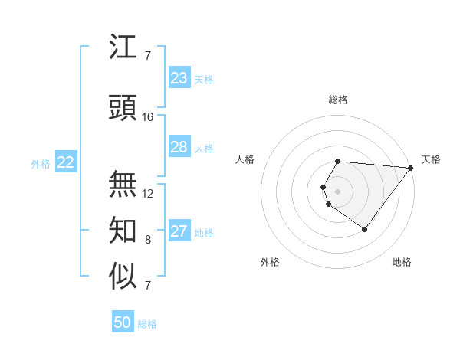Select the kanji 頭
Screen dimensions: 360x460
tap(123, 109)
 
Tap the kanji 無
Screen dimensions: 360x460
tap(123, 185)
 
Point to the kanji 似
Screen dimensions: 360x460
tap(123, 277)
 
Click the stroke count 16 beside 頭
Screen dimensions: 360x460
tap(148, 117)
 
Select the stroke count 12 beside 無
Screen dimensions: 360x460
tap(148, 194)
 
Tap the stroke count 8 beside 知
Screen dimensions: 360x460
tap(148, 240)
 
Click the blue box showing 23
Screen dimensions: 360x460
tap(179, 78)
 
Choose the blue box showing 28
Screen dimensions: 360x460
tap(179, 147)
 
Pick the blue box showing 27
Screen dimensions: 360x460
tap(179, 231)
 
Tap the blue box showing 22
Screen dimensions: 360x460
tap(66, 162)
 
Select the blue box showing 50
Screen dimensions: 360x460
tap(122, 323)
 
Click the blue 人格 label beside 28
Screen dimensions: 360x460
tap(204, 148)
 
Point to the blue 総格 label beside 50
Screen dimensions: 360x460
tap(147, 324)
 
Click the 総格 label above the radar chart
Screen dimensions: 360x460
tap(337, 100)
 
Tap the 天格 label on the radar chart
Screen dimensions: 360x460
tap(431, 159)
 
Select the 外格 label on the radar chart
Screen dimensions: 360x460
tap(270, 262)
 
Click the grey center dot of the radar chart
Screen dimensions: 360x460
tap(337, 191)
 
